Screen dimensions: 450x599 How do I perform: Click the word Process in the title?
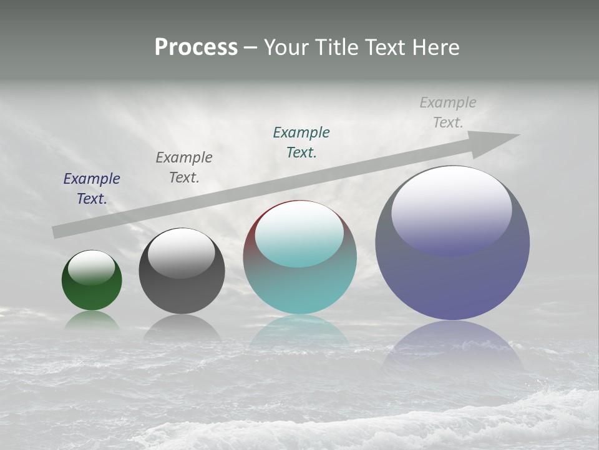pos(196,47)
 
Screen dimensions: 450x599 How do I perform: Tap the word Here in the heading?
pos(435,47)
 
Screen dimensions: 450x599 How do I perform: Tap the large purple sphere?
pos(452,281)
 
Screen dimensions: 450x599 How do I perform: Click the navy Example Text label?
pos(92,189)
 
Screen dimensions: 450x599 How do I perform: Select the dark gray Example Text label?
pos(184,167)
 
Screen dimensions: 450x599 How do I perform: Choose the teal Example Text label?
pos(301,142)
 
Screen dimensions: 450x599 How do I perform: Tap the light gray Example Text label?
pos(448,112)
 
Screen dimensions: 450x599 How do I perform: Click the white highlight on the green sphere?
pos(92,267)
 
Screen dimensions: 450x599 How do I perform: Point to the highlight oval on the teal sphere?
pos(299,234)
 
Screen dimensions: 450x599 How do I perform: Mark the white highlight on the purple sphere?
pos(452,209)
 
